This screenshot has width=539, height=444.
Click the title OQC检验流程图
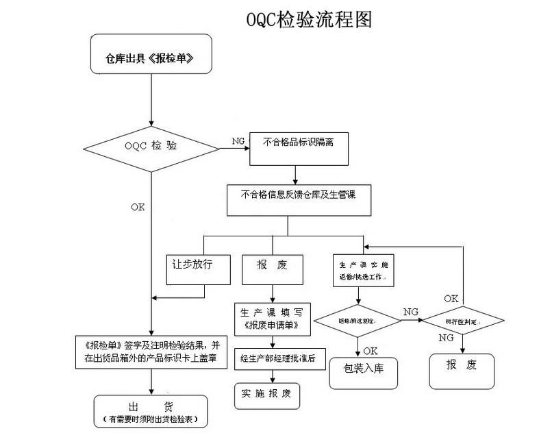pyautogui.click(x=309, y=19)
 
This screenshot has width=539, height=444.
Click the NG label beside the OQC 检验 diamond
pyautogui.click(x=238, y=141)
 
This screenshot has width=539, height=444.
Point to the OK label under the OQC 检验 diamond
pyautogui.click(x=138, y=206)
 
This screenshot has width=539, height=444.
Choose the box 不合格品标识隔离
pyautogui.click(x=299, y=147)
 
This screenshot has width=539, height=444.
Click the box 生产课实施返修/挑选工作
pyautogui.click(x=363, y=270)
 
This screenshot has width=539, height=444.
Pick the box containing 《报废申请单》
pyautogui.click(x=273, y=319)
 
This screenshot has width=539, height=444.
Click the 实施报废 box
pyautogui.click(x=266, y=393)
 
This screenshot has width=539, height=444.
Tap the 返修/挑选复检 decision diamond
pyautogui.click(x=358, y=320)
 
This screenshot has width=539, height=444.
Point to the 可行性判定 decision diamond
pyautogui.click(x=462, y=321)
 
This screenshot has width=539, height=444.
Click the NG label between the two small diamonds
pyautogui.click(x=411, y=312)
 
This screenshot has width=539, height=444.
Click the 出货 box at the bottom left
pyautogui.click(x=150, y=412)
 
